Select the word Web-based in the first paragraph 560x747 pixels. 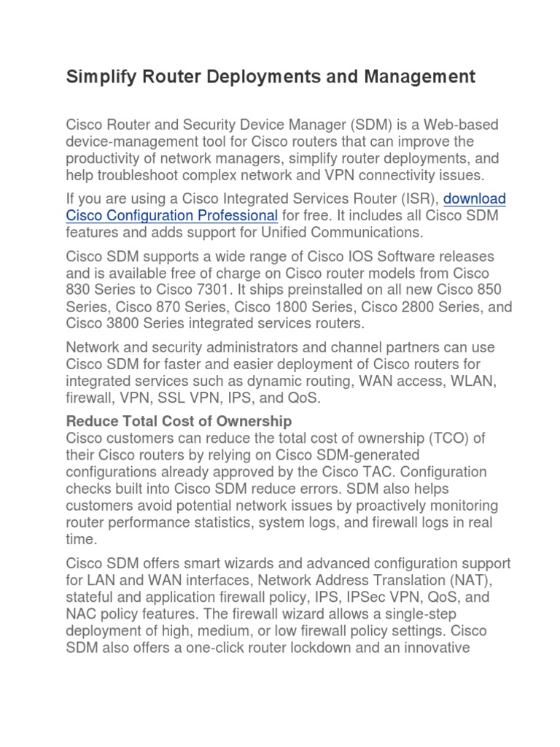pos(463,125)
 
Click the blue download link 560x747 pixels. pos(475,198)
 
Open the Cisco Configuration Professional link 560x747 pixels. pos(172,215)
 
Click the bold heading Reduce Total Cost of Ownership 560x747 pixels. pos(179,421)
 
